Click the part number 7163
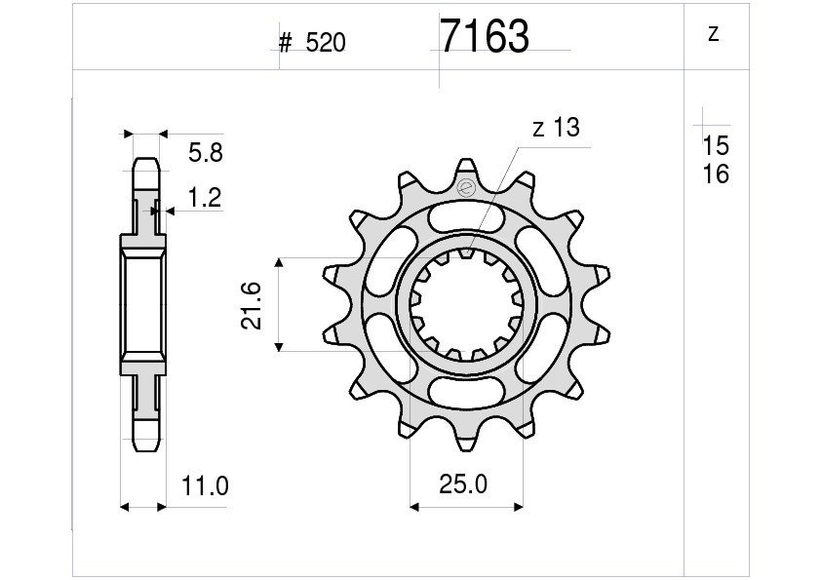(x=485, y=36)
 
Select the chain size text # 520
(x=312, y=43)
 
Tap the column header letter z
(x=713, y=33)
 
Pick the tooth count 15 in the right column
(x=716, y=145)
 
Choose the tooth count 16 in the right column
(x=716, y=174)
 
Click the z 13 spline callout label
(x=556, y=128)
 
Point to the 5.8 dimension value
(x=206, y=153)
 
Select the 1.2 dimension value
(x=204, y=198)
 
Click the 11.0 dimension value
(x=205, y=486)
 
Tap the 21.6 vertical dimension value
(x=252, y=305)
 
